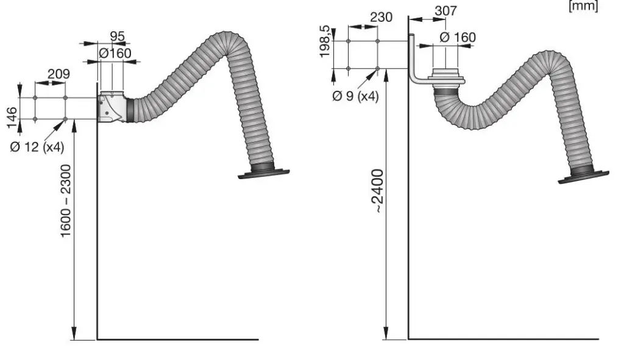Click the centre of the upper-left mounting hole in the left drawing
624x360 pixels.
tap(35, 97)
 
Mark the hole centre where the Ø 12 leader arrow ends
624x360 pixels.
tap(65, 119)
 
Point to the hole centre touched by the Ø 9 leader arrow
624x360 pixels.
tap(377, 68)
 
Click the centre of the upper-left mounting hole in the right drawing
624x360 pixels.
tap(348, 41)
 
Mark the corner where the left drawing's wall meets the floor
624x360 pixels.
tap(97, 339)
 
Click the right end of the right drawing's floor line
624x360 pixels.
tap(598, 339)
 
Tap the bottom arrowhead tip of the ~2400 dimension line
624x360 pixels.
tap(386, 339)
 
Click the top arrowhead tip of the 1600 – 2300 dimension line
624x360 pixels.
tap(74, 120)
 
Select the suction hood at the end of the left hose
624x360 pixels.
tap(263, 174)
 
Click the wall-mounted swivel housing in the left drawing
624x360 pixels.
tap(112, 107)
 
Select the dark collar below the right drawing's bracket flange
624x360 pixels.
tap(447, 91)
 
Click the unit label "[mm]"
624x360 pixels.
tap(583, 6)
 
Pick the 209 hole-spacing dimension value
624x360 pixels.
tap(58, 74)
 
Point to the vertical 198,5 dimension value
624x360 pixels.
tap(325, 41)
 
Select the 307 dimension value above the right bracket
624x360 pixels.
tap(445, 11)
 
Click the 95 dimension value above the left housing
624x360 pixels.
tap(118, 36)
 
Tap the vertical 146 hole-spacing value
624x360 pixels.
tap(12, 118)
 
